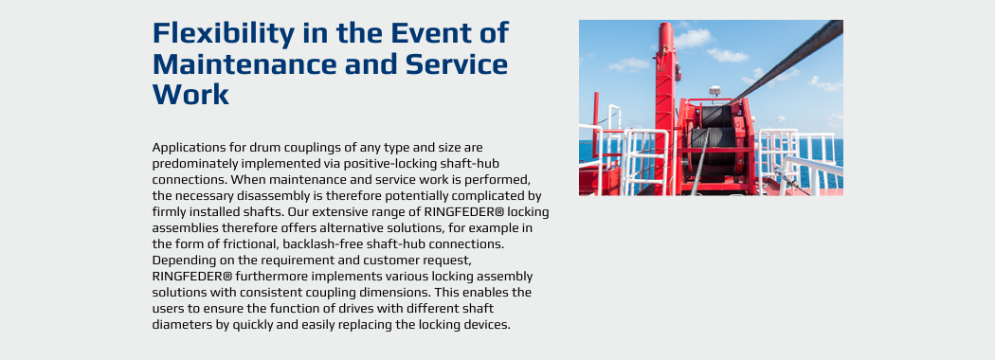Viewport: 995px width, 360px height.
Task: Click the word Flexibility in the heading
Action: click(223, 34)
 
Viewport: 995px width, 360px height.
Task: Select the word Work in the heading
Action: click(190, 95)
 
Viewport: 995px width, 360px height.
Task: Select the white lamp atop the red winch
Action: click(715, 91)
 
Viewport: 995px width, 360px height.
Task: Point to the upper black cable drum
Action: click(715, 117)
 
